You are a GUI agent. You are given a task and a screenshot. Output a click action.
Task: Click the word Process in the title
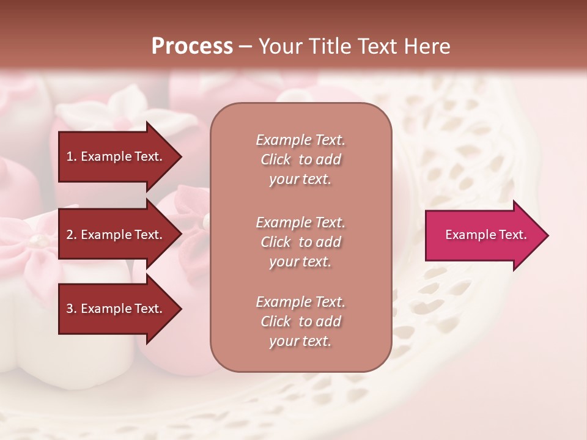click(x=192, y=46)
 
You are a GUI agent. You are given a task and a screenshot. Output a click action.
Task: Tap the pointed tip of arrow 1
click(x=180, y=156)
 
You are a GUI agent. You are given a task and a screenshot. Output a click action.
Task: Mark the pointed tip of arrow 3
click(x=180, y=309)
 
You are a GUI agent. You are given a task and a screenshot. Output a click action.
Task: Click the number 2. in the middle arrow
click(x=72, y=235)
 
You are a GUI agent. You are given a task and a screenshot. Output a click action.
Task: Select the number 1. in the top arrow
click(x=72, y=156)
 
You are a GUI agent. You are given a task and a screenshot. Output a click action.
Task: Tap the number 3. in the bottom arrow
click(x=72, y=309)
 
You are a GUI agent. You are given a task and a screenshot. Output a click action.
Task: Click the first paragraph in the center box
click(x=300, y=159)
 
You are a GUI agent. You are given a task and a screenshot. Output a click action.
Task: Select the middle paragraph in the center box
click(x=300, y=242)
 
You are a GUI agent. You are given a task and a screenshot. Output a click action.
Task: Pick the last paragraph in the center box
click(x=300, y=321)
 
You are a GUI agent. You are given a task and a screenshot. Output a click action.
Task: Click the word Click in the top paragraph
click(x=276, y=159)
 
